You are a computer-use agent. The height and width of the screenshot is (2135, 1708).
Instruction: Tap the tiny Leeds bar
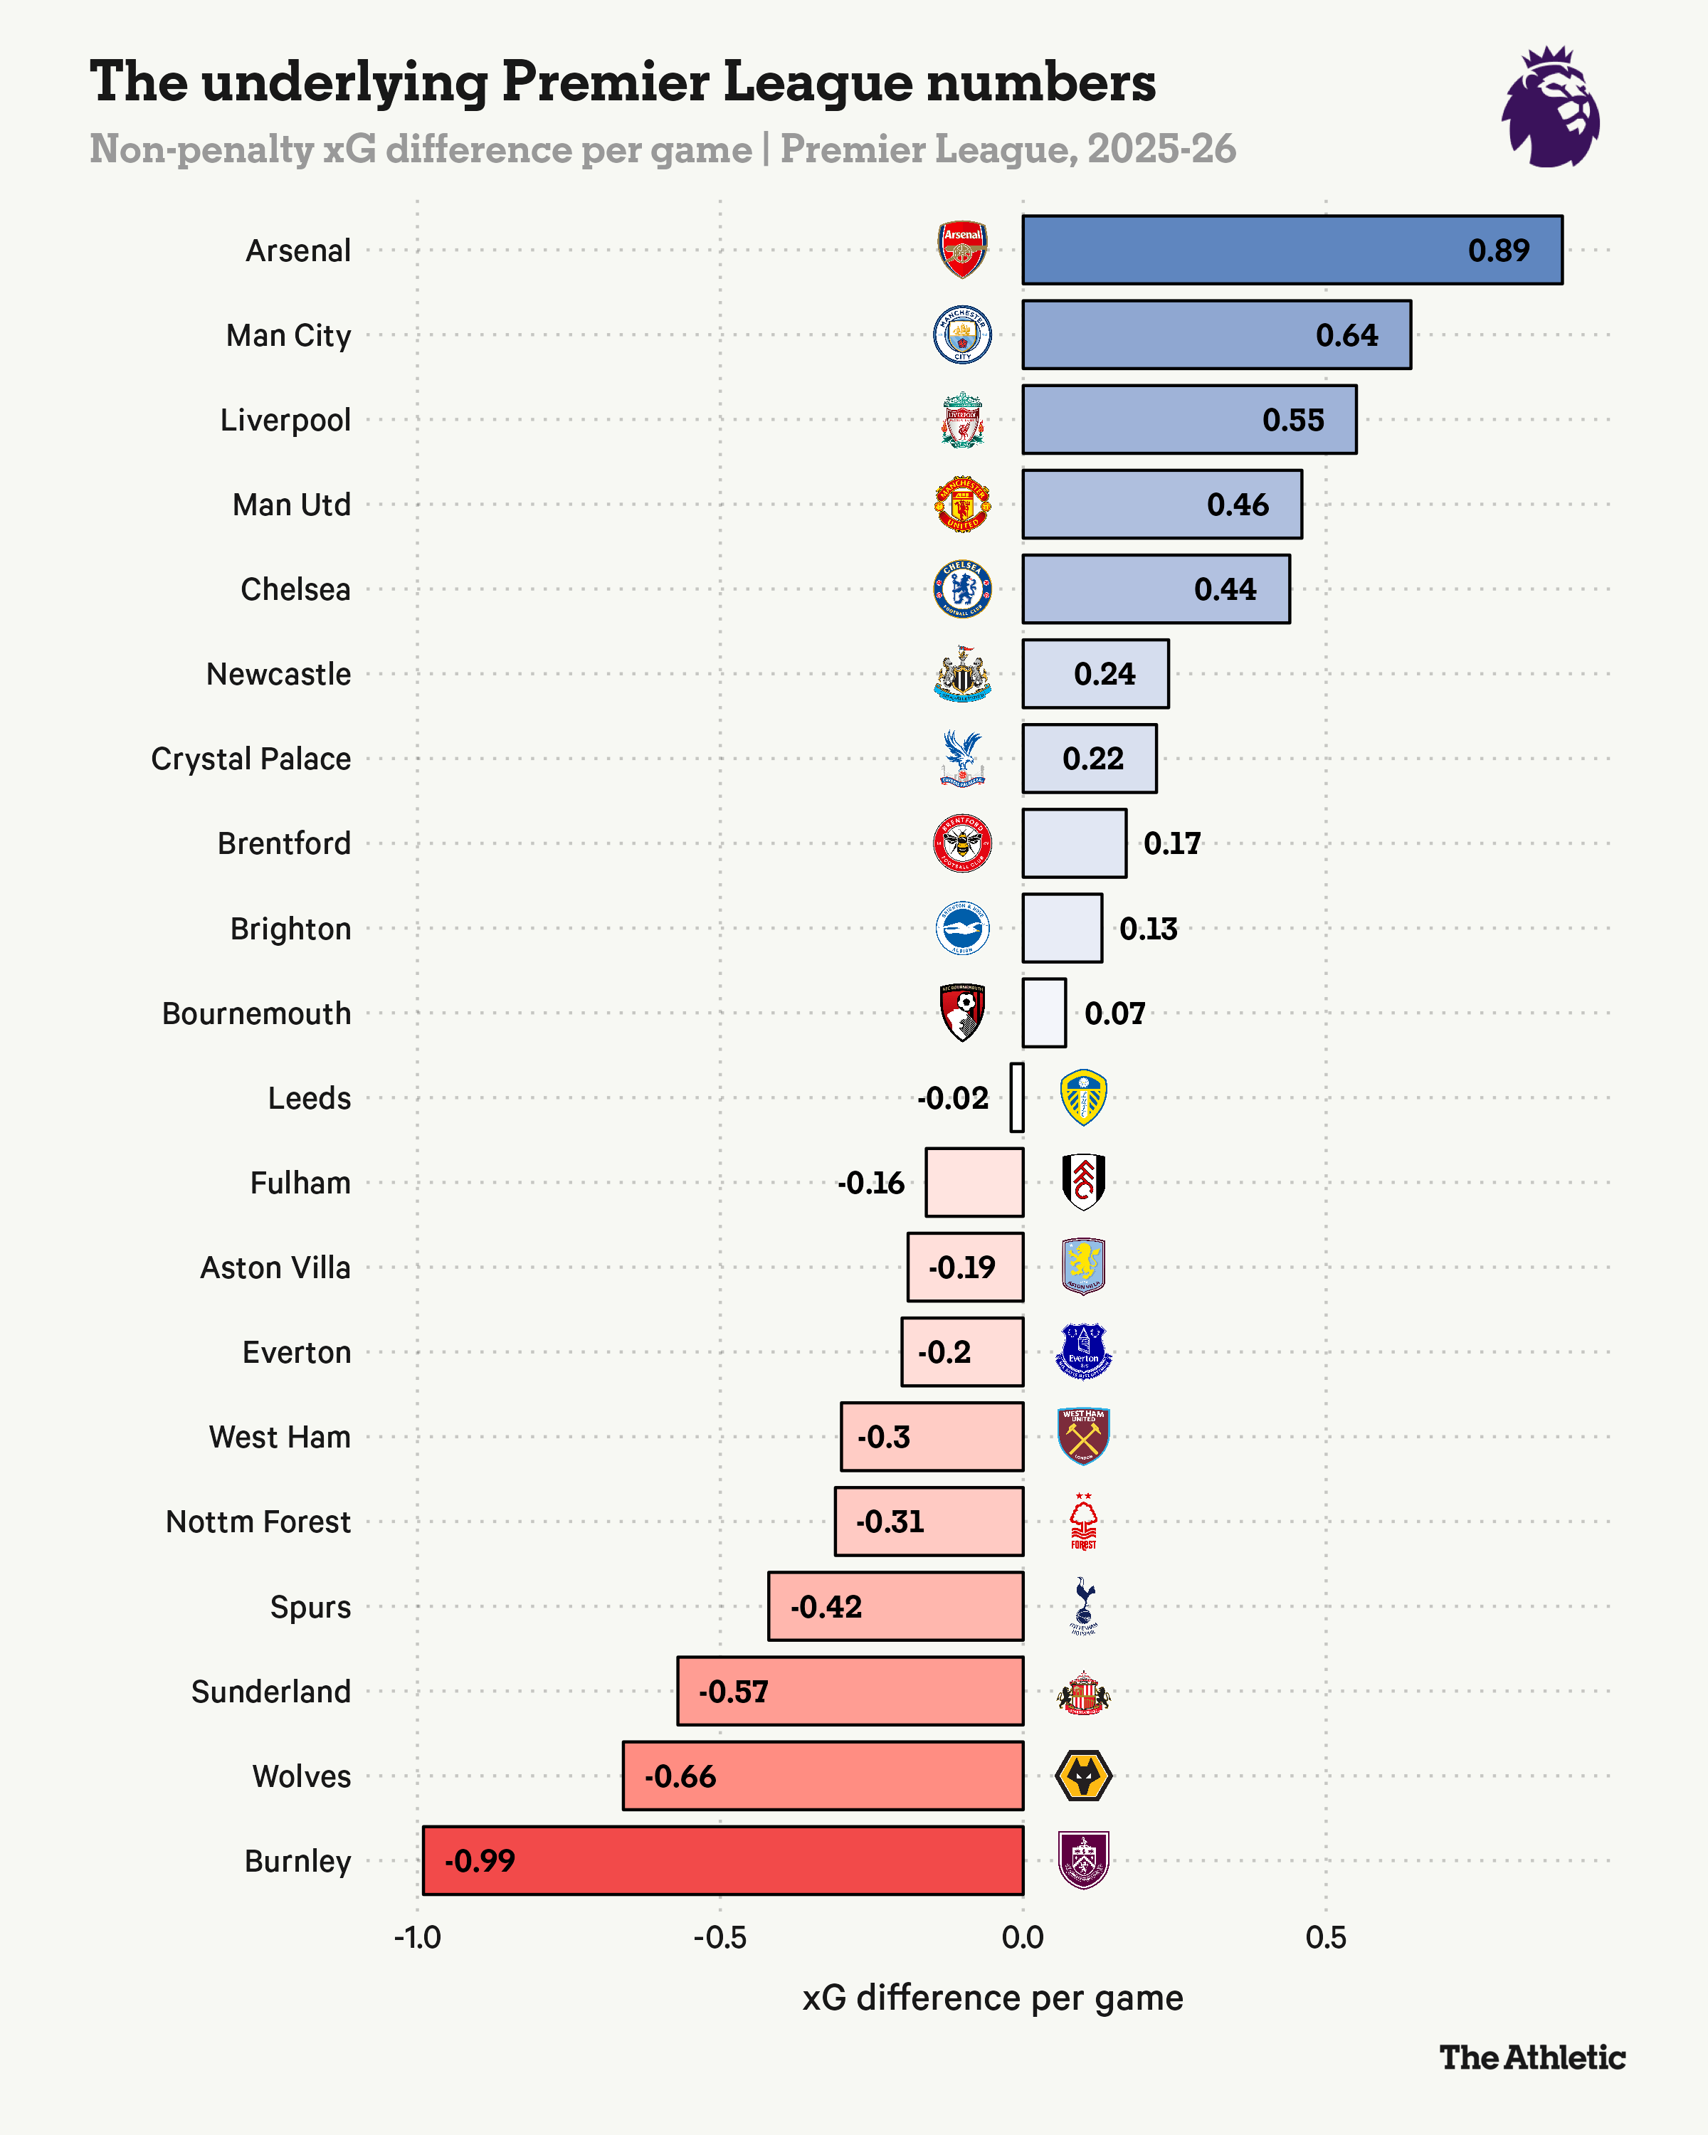coord(1017,1097)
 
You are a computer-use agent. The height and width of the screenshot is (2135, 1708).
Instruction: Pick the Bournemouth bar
coord(1043,1012)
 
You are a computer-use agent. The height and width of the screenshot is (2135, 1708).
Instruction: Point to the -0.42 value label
coord(826,1606)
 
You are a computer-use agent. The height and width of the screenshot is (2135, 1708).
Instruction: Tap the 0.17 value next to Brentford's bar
coord(1171,844)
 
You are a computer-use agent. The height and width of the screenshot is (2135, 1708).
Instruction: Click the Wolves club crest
coord(1083,1776)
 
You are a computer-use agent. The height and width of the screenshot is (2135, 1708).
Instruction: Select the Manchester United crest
coord(962,504)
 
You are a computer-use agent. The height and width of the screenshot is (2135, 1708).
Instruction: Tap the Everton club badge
coord(1083,1351)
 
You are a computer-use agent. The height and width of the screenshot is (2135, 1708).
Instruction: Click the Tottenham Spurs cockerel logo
coord(1083,1606)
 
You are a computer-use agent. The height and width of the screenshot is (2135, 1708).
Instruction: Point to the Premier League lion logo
coord(1551,107)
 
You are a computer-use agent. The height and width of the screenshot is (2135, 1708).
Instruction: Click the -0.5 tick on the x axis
coord(719,1938)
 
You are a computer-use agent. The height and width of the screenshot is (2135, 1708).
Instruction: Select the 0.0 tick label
coord(1022,1938)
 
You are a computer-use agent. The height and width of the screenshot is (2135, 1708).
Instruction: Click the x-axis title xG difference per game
coord(992,1998)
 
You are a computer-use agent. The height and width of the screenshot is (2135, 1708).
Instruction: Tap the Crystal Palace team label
coord(251,759)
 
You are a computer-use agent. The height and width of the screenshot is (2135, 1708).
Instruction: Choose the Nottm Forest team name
coord(258,1521)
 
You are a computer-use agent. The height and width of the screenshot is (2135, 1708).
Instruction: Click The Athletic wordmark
coord(1532,2057)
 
